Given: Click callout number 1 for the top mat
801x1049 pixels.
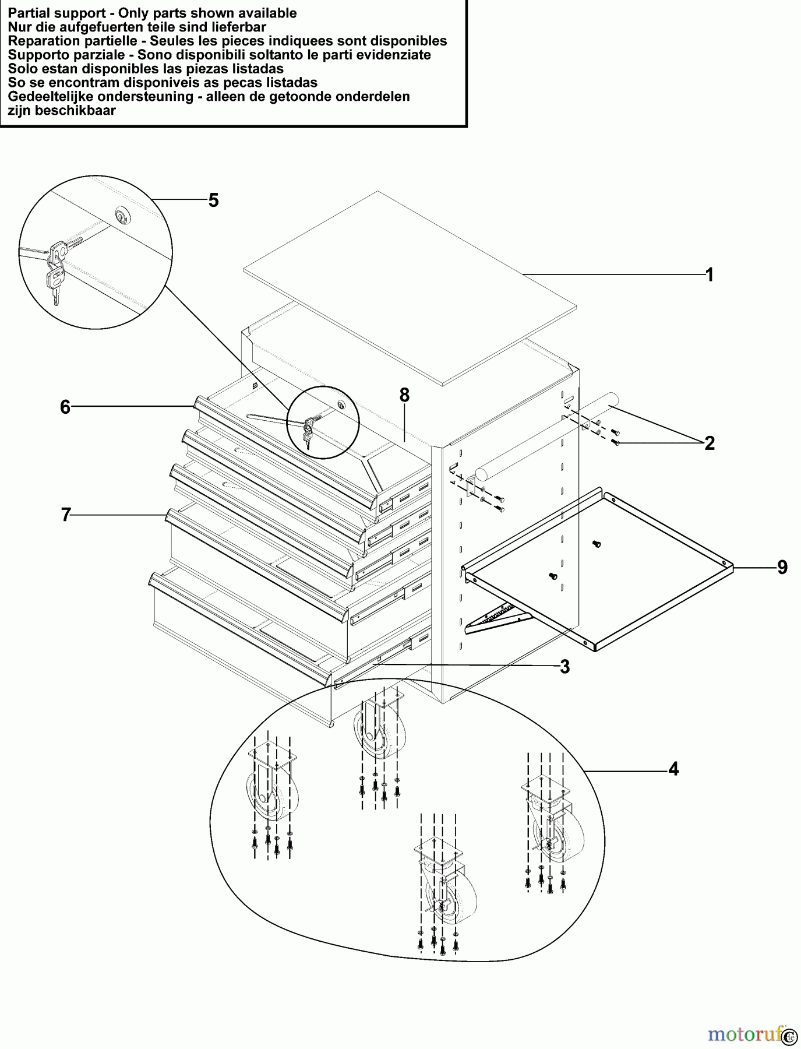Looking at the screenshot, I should click(x=709, y=274).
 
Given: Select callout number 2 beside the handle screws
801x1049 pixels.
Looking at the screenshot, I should click(x=709, y=443).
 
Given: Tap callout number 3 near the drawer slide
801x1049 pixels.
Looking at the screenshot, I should click(x=564, y=667).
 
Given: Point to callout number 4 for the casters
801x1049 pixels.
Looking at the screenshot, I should click(x=673, y=769).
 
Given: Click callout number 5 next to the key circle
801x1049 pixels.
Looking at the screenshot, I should click(x=213, y=200).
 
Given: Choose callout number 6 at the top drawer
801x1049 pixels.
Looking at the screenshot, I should click(x=65, y=407).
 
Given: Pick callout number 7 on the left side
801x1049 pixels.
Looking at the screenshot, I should click(x=66, y=515).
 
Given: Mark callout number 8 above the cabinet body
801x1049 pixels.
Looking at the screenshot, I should click(x=404, y=396).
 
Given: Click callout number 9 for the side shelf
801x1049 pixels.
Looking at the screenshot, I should click(x=782, y=567).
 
